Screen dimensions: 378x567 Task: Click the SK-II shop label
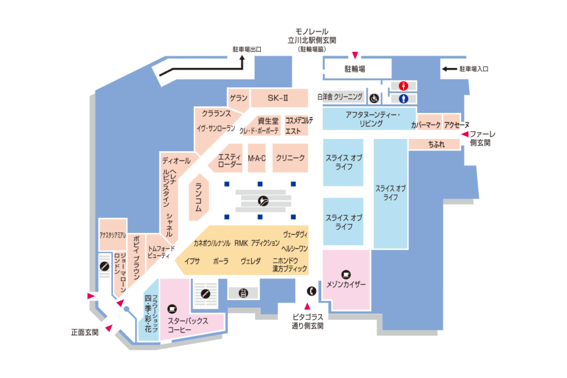[x=279, y=97]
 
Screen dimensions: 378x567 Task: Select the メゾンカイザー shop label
[x=347, y=284]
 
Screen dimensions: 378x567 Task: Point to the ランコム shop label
[x=198, y=198]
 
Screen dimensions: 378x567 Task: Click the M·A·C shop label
[x=257, y=158]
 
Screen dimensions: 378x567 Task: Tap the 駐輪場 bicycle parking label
[x=355, y=69]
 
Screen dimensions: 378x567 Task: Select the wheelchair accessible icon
[x=374, y=99]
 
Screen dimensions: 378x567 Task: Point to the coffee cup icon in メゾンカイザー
[x=346, y=273]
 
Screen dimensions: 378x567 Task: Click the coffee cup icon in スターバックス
[x=172, y=308]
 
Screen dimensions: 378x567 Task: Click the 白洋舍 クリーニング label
[x=340, y=97]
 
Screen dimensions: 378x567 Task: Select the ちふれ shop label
[x=435, y=144]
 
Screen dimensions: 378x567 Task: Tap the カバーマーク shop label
[x=425, y=126]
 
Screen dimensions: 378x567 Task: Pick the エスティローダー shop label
[x=230, y=160]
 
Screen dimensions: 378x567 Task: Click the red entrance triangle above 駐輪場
[x=355, y=54]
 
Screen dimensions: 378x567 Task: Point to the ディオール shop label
[x=176, y=160]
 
